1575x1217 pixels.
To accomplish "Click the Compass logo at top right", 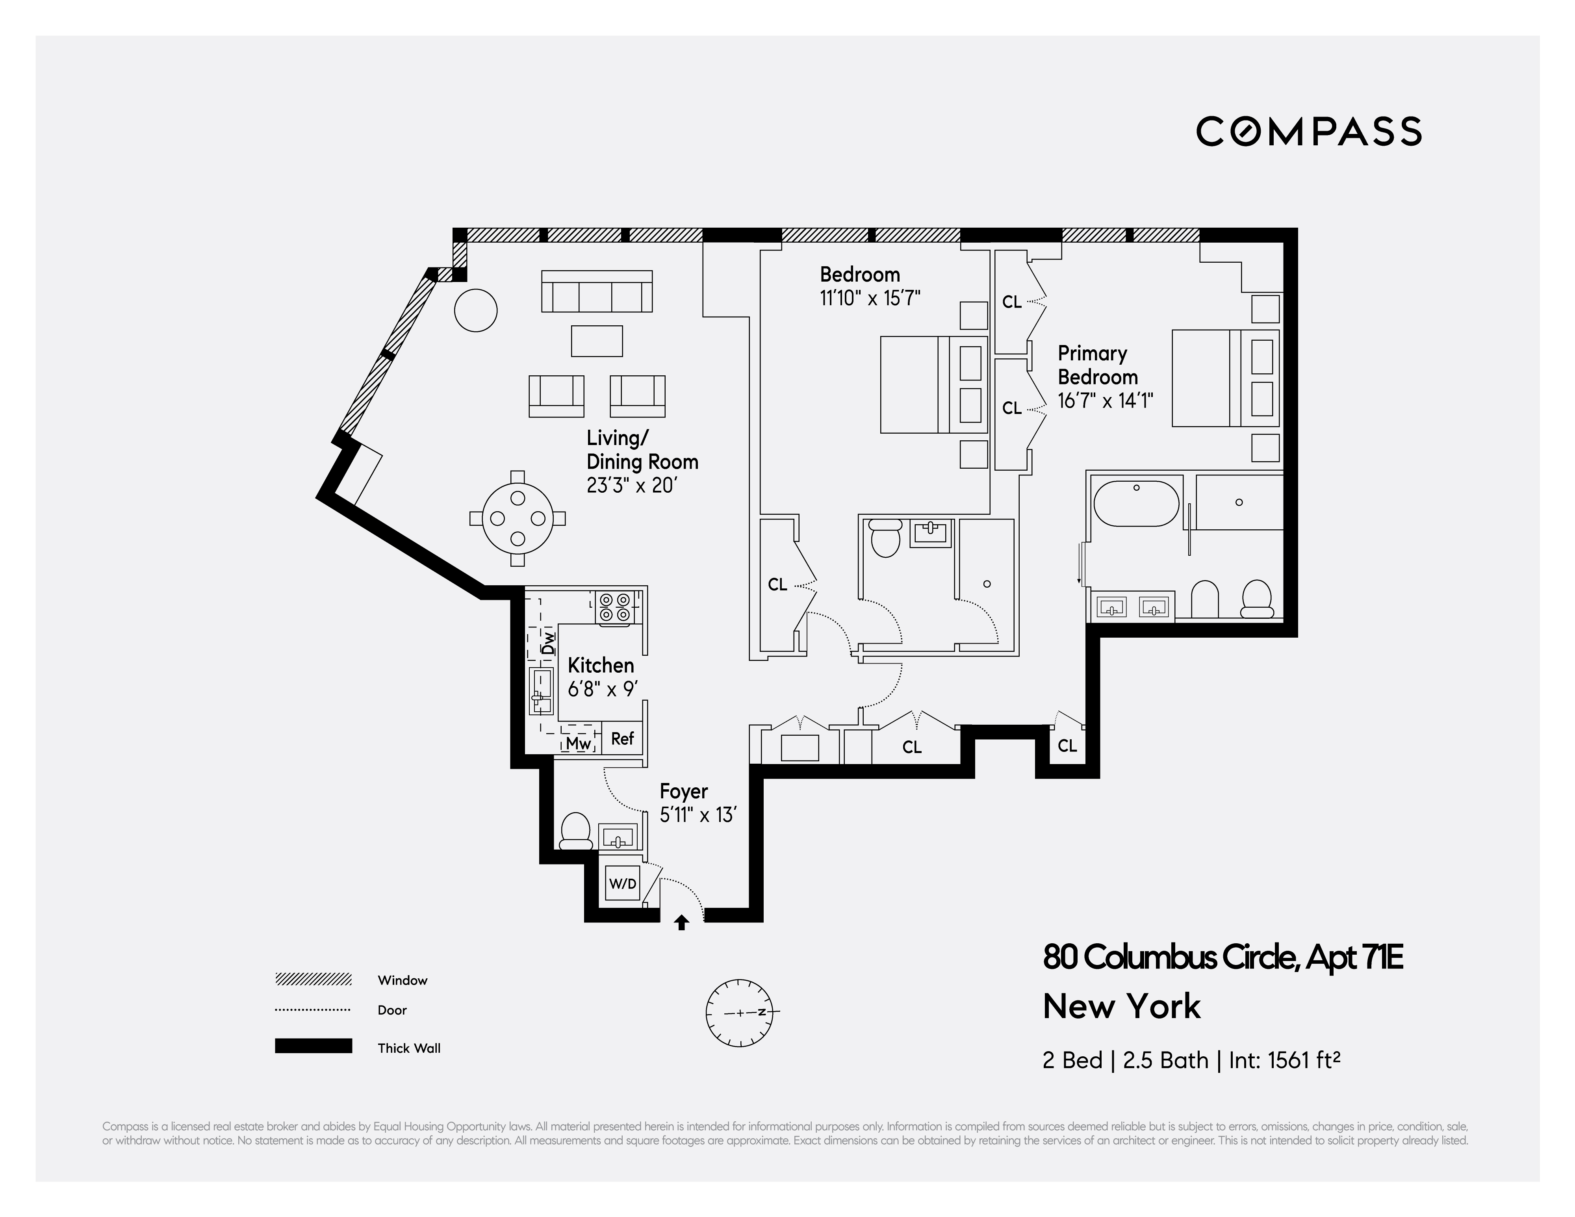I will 1308,132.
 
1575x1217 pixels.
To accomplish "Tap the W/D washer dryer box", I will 622,883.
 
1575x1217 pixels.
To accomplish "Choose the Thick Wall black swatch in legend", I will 313,1046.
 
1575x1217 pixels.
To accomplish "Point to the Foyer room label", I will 684,792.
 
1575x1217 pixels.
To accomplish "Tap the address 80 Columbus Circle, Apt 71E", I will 1223,958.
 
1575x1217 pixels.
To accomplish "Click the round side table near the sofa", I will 476,310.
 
